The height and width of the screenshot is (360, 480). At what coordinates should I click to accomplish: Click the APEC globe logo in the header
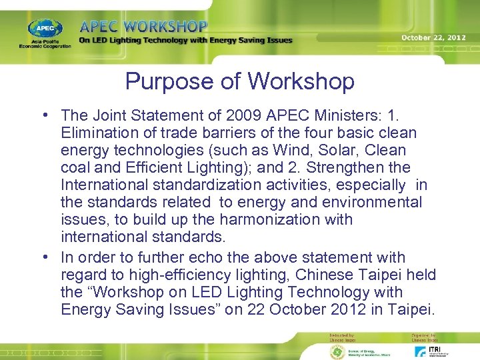[x=45, y=29]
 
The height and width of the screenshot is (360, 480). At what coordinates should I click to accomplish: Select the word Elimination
[x=95, y=133]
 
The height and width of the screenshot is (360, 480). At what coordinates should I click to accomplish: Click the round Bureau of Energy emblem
[x=337, y=351]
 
